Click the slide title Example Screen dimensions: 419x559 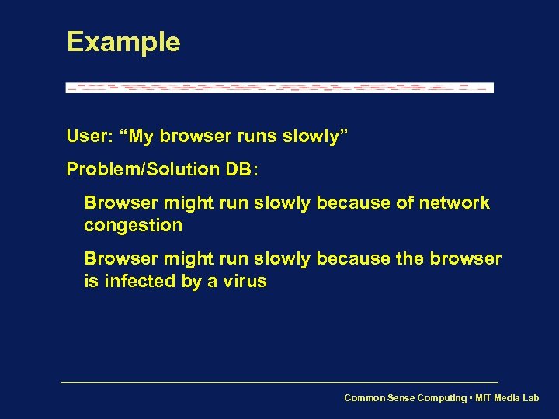(123, 43)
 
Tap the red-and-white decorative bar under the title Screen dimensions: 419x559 (279, 88)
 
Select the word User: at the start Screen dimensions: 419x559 (90, 137)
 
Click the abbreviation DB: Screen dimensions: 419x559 (242, 169)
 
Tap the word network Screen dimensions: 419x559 (454, 203)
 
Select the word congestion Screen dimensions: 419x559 (134, 226)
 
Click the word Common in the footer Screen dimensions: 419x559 (365, 398)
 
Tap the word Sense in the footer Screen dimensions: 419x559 (402, 398)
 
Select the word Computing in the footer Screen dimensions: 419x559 (443, 398)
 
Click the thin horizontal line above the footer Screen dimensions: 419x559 (279, 382)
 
